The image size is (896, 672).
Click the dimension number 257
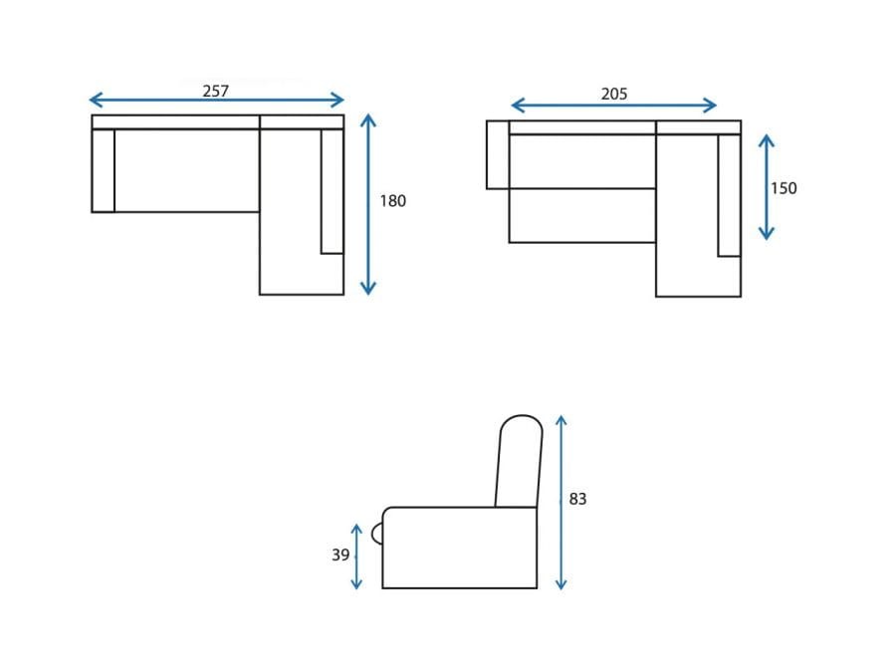pyautogui.click(x=215, y=91)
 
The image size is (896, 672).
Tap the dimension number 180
pyautogui.click(x=392, y=200)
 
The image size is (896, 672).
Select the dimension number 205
pyautogui.click(x=613, y=94)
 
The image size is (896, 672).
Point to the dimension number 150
pyautogui.click(x=783, y=188)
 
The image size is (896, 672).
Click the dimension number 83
pyautogui.click(x=577, y=499)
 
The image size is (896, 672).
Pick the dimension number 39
pyautogui.click(x=340, y=555)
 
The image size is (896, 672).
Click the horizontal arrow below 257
pyautogui.click(x=217, y=100)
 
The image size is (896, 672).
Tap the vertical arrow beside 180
pyautogui.click(x=368, y=204)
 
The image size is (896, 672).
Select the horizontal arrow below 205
pyautogui.click(x=613, y=106)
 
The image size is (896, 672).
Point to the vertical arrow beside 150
pyautogui.click(x=767, y=187)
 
